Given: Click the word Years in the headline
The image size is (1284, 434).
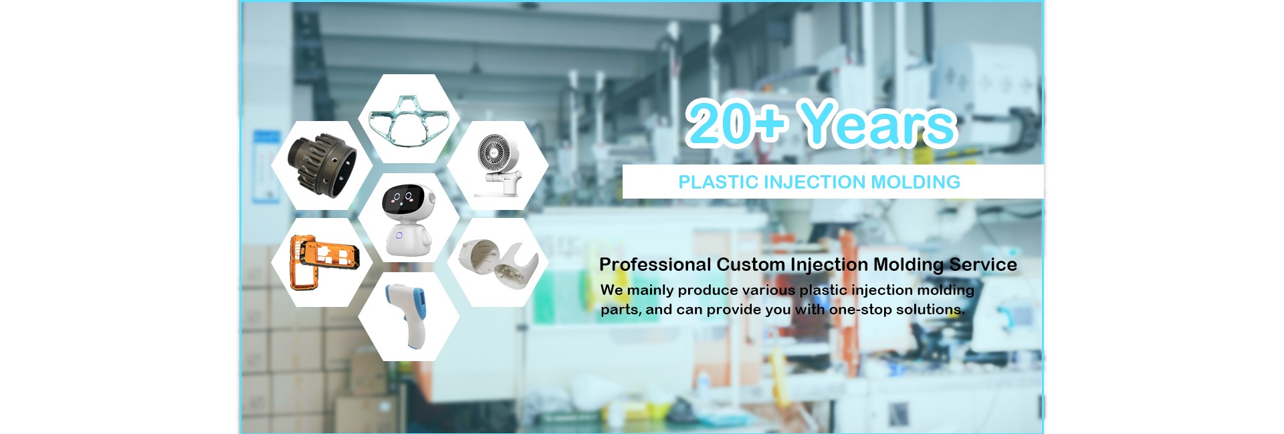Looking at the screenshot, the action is (879, 124).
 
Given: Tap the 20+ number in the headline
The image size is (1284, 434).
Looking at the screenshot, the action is (736, 122).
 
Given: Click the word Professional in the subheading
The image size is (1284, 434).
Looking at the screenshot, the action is (655, 265).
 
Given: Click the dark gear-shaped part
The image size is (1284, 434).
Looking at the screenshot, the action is (322, 164).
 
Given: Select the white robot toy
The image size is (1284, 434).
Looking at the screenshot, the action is (407, 218).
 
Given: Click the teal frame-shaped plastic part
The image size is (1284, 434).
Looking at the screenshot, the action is (409, 120).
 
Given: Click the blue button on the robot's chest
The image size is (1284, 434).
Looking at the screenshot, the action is (399, 235).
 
